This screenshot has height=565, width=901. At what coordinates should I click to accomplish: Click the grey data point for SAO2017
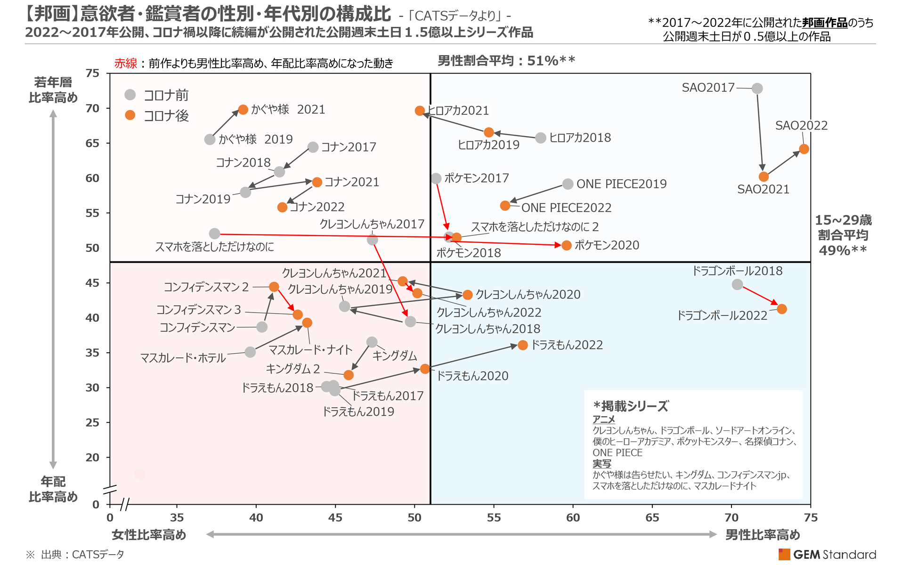(757, 89)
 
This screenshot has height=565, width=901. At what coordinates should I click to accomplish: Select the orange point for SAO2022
(804, 149)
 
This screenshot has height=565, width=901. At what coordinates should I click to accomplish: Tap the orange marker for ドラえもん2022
(523, 345)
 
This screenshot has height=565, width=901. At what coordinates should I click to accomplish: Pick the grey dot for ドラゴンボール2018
(738, 284)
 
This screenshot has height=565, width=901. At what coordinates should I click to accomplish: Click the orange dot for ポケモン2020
(567, 245)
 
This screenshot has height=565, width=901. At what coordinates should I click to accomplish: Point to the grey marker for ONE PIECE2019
(568, 184)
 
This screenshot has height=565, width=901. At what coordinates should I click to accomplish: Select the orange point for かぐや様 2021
(243, 110)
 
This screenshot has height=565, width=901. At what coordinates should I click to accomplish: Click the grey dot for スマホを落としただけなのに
(214, 234)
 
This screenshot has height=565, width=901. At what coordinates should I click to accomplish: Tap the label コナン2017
(349, 147)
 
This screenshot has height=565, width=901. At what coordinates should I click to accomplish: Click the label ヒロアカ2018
(580, 138)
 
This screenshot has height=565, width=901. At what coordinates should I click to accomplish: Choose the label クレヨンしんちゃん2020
(528, 295)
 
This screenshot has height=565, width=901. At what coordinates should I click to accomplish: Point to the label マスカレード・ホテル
(183, 358)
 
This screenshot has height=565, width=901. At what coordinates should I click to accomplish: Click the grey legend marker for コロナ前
(130, 95)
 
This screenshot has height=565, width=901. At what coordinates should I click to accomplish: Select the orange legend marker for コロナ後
(130, 115)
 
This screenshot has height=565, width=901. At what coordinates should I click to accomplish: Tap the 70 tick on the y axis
(93, 108)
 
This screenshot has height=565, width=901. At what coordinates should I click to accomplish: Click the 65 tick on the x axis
(652, 517)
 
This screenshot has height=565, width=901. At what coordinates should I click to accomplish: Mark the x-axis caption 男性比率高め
(763, 535)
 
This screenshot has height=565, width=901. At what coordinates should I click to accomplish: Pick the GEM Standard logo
(828, 555)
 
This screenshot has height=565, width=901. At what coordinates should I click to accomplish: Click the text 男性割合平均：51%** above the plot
(506, 61)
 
